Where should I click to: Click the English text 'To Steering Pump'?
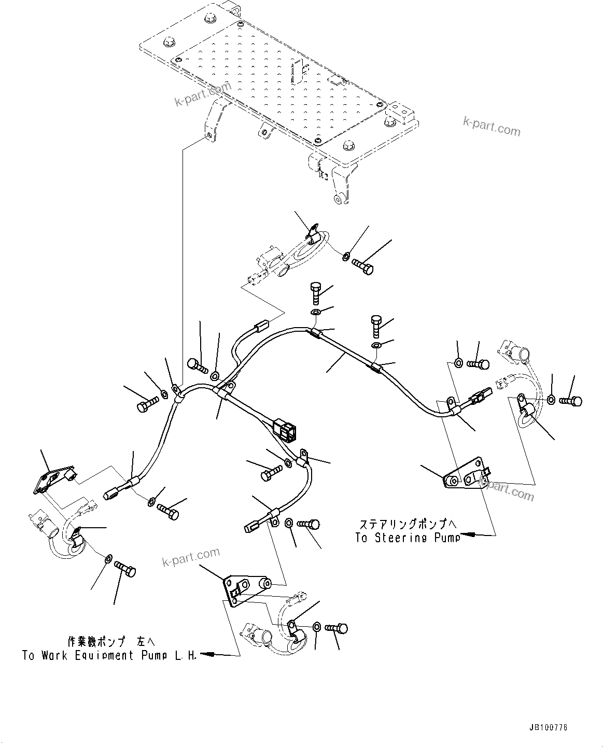[x=408, y=538]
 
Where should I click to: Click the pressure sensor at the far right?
[x=516, y=354]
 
